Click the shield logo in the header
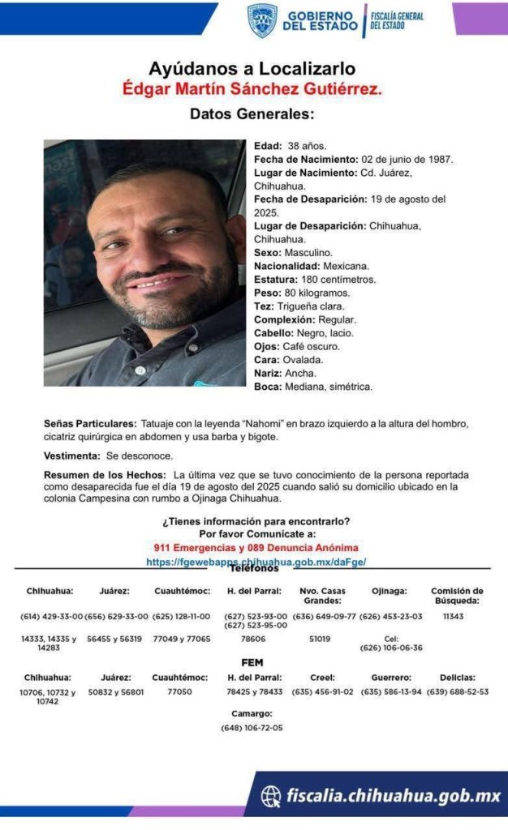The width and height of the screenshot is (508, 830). pyautogui.click(x=262, y=20)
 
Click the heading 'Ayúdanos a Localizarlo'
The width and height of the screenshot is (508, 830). pyautogui.click(x=252, y=69)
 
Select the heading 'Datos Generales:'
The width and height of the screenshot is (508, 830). pyautogui.click(x=252, y=114)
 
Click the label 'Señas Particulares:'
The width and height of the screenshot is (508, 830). pyautogui.click(x=90, y=425)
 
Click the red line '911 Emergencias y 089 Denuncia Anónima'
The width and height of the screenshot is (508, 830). pyautogui.click(x=255, y=548)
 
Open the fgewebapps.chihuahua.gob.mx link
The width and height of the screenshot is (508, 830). pyautogui.click(x=255, y=561)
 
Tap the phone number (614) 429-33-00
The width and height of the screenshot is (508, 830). pyautogui.click(x=51, y=617)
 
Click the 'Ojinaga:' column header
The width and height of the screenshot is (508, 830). pyautogui.click(x=390, y=591)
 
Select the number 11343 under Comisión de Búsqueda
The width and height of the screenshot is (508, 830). pyautogui.click(x=457, y=617)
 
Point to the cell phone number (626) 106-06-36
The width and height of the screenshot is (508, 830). pyautogui.click(x=390, y=648)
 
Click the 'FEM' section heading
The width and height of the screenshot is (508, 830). pyautogui.click(x=252, y=662)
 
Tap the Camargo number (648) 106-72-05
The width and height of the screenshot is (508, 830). pyautogui.click(x=252, y=728)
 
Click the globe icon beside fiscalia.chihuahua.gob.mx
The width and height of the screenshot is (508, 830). pyautogui.click(x=270, y=797)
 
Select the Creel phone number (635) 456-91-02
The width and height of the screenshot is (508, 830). pyautogui.click(x=322, y=692)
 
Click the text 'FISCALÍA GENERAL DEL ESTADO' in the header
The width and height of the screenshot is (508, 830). pyautogui.click(x=397, y=20)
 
